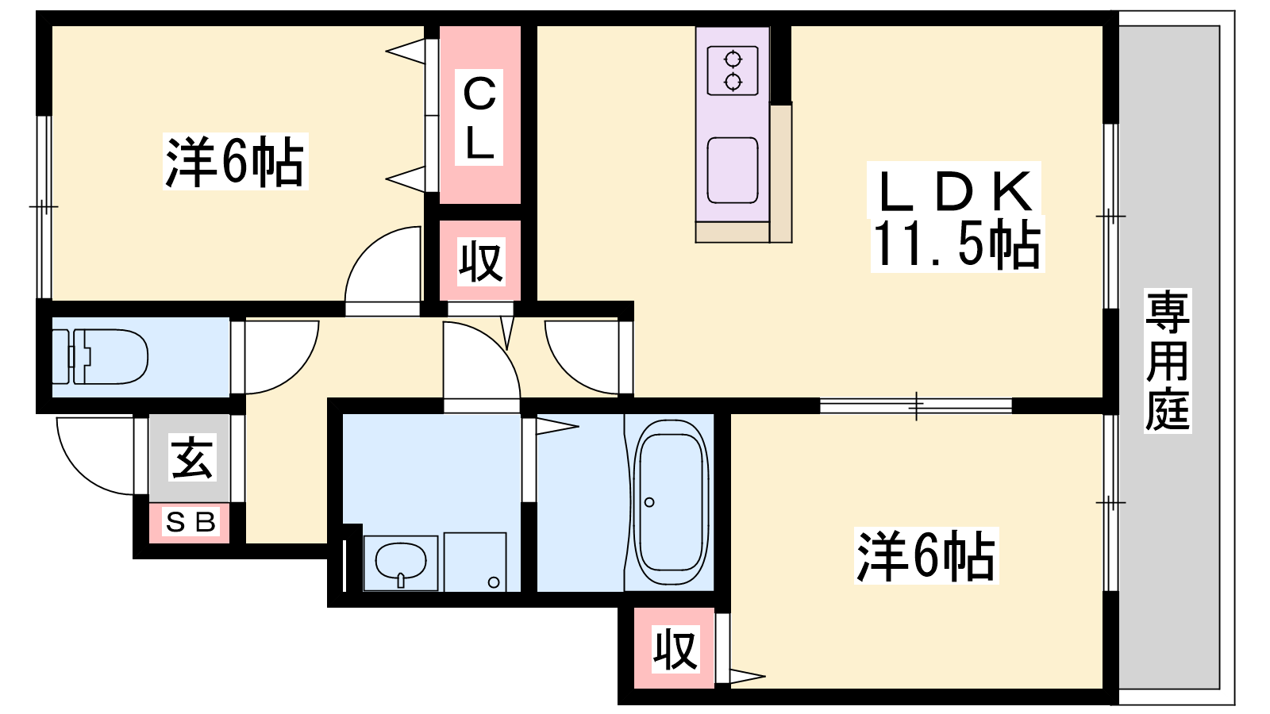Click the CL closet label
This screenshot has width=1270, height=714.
coord(479,118)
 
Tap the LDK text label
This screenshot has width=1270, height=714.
coord(954,190)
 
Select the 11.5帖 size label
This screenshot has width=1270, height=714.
coord(957,244)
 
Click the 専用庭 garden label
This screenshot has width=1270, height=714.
coord(1168,361)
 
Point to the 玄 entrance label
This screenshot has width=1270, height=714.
coord(192,457)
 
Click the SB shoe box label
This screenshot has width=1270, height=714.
coord(190,521)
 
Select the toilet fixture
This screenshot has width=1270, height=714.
coord(100,356)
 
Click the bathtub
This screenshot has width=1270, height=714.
coord(672,502)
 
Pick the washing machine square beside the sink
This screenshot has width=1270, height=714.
coord(475,562)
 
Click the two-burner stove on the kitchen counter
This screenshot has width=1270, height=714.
coord(733,71)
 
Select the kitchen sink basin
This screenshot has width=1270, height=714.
coord(733,170)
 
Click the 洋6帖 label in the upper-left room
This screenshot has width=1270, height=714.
coord(235,161)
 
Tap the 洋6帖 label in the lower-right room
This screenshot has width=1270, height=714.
coord(926,555)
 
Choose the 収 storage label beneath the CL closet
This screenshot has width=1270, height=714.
coord(481,261)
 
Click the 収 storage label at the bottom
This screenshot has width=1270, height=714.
coord(675,649)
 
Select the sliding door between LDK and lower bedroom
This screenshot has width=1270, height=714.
coord(916,405)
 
